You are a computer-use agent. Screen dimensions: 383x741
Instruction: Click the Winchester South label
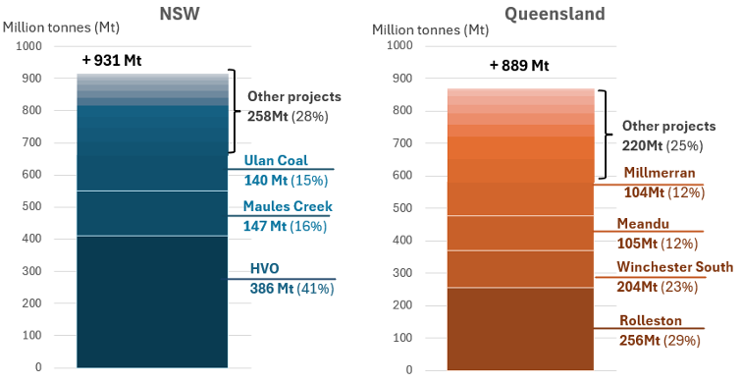tap(674, 267)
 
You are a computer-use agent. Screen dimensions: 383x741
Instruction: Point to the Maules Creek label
tap(288, 207)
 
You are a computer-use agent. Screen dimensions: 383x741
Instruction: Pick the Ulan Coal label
tap(276, 160)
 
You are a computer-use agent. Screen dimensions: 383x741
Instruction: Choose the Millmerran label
tap(660, 173)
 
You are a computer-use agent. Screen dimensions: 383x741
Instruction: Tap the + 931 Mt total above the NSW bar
tap(112, 61)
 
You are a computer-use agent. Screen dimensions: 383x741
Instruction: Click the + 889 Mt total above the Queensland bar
tap(518, 66)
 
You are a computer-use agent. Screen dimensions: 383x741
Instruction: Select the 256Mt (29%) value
tap(661, 340)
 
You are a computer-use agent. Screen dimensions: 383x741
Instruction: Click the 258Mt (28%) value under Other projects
tap(288, 116)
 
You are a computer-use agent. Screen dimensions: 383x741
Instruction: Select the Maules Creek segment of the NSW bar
tap(152, 213)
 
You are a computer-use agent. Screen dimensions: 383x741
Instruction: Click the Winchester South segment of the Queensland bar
tap(520, 268)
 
